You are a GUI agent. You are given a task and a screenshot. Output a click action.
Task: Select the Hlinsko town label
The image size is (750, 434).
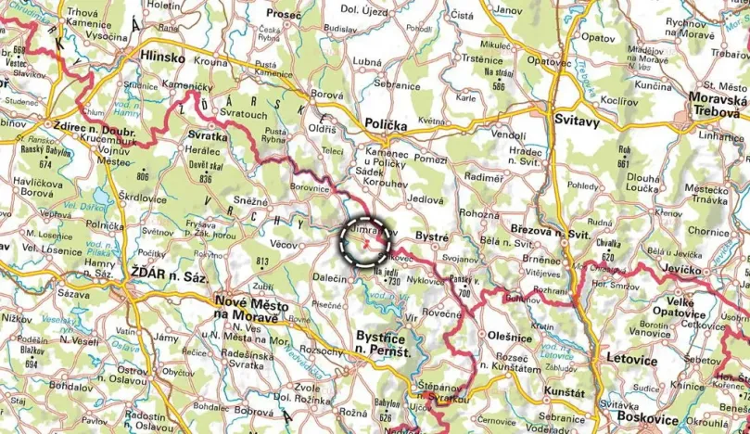tap(161, 57)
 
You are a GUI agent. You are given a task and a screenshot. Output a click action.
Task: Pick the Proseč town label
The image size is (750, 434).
tap(284, 15)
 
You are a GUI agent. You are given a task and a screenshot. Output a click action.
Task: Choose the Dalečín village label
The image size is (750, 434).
tap(330, 277)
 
